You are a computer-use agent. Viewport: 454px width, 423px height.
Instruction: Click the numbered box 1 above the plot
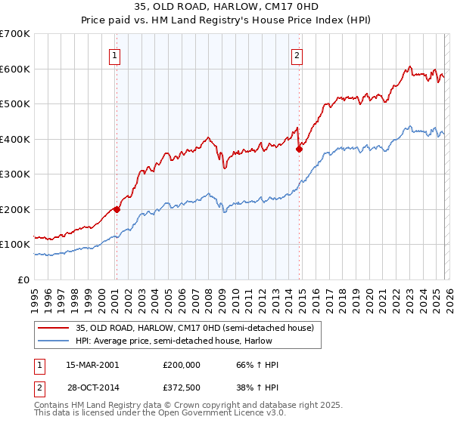tap(115, 54)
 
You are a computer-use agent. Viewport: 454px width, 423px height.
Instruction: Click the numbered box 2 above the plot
tap(297, 54)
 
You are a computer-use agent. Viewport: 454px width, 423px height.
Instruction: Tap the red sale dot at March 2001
tap(117, 209)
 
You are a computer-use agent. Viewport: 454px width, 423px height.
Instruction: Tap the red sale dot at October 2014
tap(300, 149)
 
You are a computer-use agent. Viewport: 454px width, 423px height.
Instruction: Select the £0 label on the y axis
tap(24, 279)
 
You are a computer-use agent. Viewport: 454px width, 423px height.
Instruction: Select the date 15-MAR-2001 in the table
tap(92, 365)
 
